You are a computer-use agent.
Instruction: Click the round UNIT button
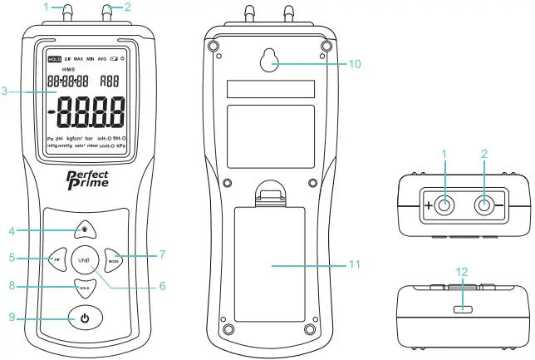click(x=84, y=259)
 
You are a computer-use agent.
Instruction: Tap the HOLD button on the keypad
click(x=84, y=288)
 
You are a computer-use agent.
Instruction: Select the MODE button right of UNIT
click(x=114, y=259)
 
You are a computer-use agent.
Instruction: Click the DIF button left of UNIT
click(x=56, y=259)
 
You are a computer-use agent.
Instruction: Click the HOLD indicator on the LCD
click(x=55, y=60)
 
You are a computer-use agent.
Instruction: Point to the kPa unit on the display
click(x=120, y=145)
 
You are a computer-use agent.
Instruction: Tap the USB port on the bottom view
click(x=463, y=308)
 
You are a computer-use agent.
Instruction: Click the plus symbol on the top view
click(x=429, y=205)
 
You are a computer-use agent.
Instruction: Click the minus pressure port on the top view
click(x=482, y=205)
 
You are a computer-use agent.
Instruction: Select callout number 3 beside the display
click(x=7, y=91)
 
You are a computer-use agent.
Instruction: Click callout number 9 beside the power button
click(x=12, y=317)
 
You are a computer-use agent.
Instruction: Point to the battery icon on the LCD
click(x=114, y=60)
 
